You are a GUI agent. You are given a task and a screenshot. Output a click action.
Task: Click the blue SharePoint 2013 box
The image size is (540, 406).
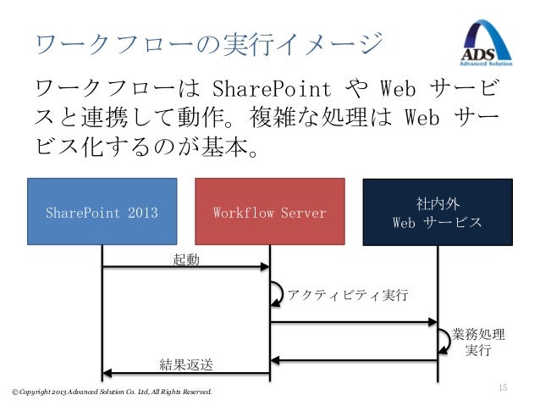coord(102,212)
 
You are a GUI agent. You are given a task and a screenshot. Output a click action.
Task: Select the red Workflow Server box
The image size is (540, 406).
coord(270,212)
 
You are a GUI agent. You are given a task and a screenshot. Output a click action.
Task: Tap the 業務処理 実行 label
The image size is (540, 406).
coord(478,341)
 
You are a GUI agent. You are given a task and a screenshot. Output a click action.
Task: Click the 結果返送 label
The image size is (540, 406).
coord(187,364)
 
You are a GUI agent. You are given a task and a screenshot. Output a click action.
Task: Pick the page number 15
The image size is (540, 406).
coord(502,387)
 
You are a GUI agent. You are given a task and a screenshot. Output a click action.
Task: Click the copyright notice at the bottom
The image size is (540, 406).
coord(111,392)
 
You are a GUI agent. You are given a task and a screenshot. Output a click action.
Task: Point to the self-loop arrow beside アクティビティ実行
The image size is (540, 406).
coord(277,293)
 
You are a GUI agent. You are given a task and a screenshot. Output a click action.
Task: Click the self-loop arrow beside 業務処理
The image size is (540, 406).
coord(444,340)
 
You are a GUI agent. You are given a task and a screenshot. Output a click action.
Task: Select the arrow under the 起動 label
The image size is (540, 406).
coord(185,268)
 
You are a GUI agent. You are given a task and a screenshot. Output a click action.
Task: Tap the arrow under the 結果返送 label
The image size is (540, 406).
coord(185,374)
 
